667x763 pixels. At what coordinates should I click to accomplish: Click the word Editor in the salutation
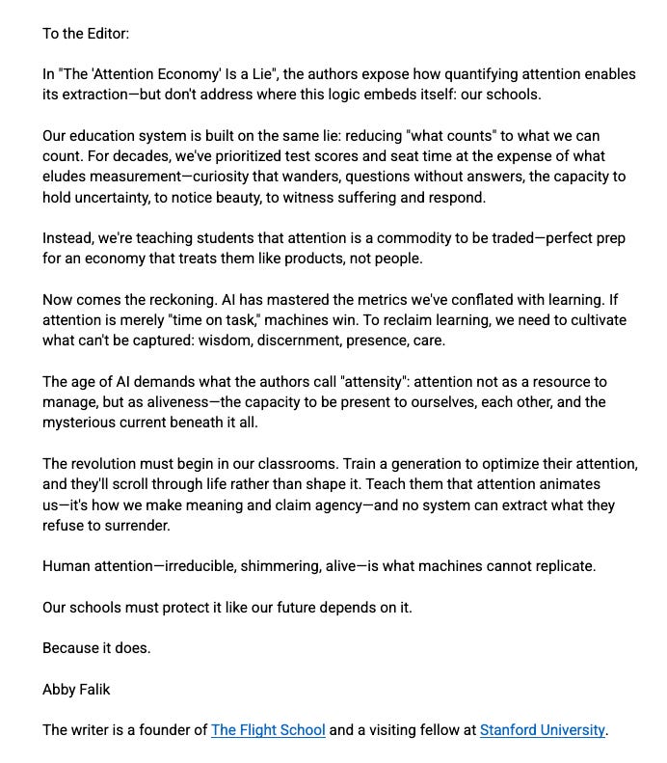tap(105, 34)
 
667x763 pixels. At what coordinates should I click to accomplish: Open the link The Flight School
tap(268, 730)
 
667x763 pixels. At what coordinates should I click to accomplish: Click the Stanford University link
tap(543, 730)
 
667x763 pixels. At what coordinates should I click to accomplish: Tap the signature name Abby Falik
tap(78, 690)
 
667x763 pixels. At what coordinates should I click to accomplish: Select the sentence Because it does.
tap(96, 648)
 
